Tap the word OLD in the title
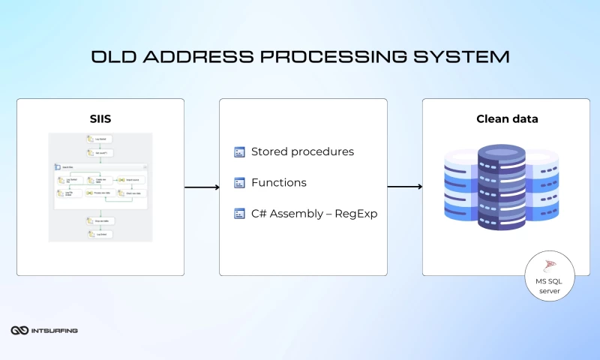[x=112, y=57]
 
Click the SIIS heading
[x=100, y=118]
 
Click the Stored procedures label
[x=302, y=151]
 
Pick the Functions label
[x=278, y=182]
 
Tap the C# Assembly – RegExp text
[x=313, y=214]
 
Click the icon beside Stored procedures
[x=239, y=152]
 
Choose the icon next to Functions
[x=239, y=182]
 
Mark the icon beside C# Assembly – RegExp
[x=239, y=214]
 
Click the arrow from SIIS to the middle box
[x=201, y=187]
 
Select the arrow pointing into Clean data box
[x=405, y=187]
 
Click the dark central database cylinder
[x=501, y=187]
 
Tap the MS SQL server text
[x=550, y=285]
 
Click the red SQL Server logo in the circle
[x=550, y=265]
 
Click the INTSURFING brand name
[x=55, y=330]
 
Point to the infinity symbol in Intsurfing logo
[x=19, y=330]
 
